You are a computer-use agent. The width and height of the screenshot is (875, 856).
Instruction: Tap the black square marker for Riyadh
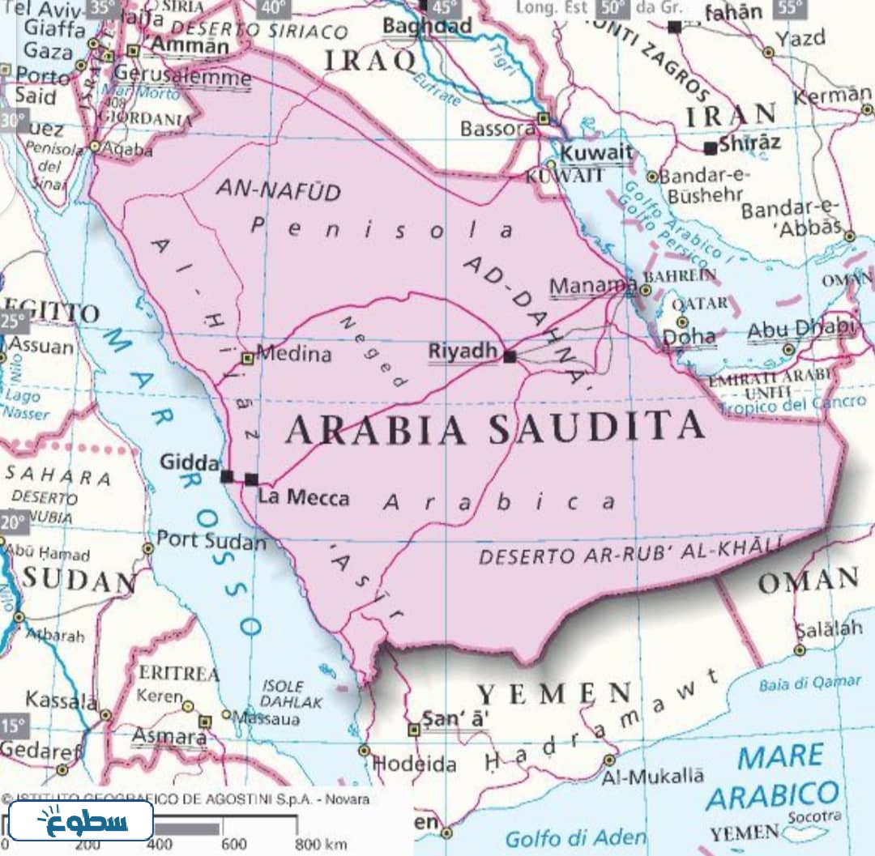[x=509, y=356]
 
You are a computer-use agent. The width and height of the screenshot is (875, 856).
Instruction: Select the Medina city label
[x=293, y=354]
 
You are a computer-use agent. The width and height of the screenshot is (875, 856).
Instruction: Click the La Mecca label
[x=304, y=497]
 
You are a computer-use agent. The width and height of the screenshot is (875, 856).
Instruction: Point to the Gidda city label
[x=190, y=462]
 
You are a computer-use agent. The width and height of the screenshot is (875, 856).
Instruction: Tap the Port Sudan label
[x=211, y=539]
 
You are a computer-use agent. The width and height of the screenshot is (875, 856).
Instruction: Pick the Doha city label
[x=689, y=337]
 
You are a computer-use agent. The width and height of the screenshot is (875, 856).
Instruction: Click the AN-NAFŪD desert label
[x=278, y=190]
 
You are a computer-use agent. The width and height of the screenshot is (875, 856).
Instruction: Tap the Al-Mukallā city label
[x=652, y=776]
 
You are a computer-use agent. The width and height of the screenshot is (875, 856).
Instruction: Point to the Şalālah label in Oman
[x=830, y=630]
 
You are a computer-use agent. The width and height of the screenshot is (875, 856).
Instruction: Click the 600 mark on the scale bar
[x=235, y=845]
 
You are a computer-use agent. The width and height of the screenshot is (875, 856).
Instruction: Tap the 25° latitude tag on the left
[x=14, y=321]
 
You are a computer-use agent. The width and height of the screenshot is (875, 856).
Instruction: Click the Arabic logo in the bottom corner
[x=81, y=820]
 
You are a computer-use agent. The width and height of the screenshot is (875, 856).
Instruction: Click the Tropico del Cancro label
[x=792, y=403]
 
